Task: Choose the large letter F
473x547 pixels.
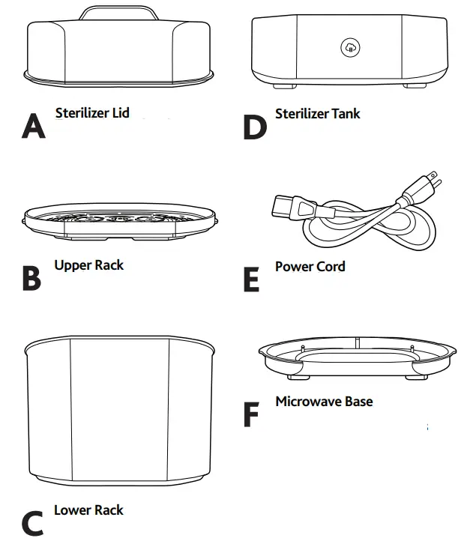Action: pos(253,414)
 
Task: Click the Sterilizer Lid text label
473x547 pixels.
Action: pos(92,113)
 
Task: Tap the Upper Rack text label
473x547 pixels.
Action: pos(88,265)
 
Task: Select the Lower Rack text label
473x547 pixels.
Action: pos(88,510)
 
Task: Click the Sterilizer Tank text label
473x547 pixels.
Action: pos(317,114)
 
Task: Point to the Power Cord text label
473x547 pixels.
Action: pos(310,266)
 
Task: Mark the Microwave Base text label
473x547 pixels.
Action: pos(324,402)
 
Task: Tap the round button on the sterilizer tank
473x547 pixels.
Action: pos(350,49)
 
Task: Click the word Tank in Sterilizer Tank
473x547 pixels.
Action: pos(346,114)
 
